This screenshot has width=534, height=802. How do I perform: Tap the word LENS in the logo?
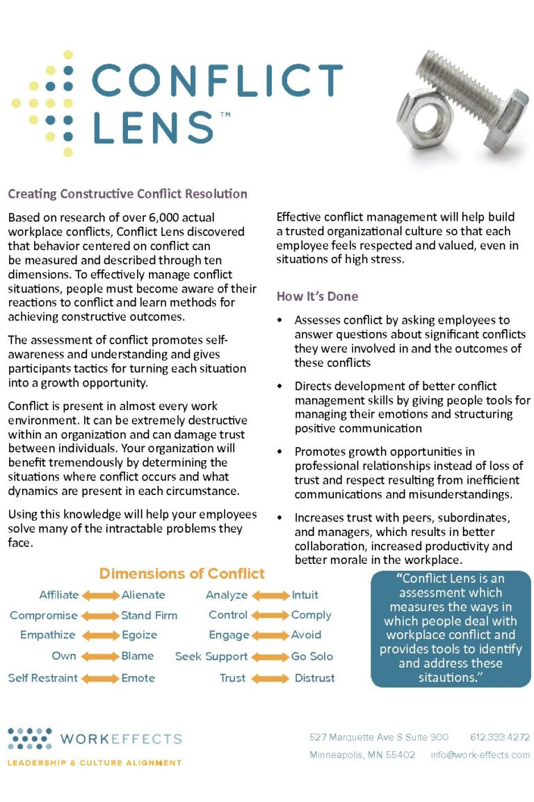point(153,127)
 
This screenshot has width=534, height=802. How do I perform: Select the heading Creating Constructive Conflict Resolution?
point(127,194)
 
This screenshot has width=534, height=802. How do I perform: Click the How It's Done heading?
point(317,296)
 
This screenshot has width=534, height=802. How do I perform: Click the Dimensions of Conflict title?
point(181,574)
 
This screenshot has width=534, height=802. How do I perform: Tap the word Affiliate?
point(59,595)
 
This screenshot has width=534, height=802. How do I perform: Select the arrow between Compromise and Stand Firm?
point(100,615)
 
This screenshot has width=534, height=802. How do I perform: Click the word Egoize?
point(140,635)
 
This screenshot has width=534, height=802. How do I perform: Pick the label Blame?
point(138,656)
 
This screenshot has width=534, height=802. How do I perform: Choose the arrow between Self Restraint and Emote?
point(100,678)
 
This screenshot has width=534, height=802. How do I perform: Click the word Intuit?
point(305,595)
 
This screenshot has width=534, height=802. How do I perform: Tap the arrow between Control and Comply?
point(270,615)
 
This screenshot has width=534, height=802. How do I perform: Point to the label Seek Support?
point(211,656)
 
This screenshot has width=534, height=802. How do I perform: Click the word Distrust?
point(314,678)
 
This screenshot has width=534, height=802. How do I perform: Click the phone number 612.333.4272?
point(499,737)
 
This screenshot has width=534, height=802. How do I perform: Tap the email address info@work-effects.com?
point(480,755)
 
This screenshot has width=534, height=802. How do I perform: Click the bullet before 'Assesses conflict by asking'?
point(280,321)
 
